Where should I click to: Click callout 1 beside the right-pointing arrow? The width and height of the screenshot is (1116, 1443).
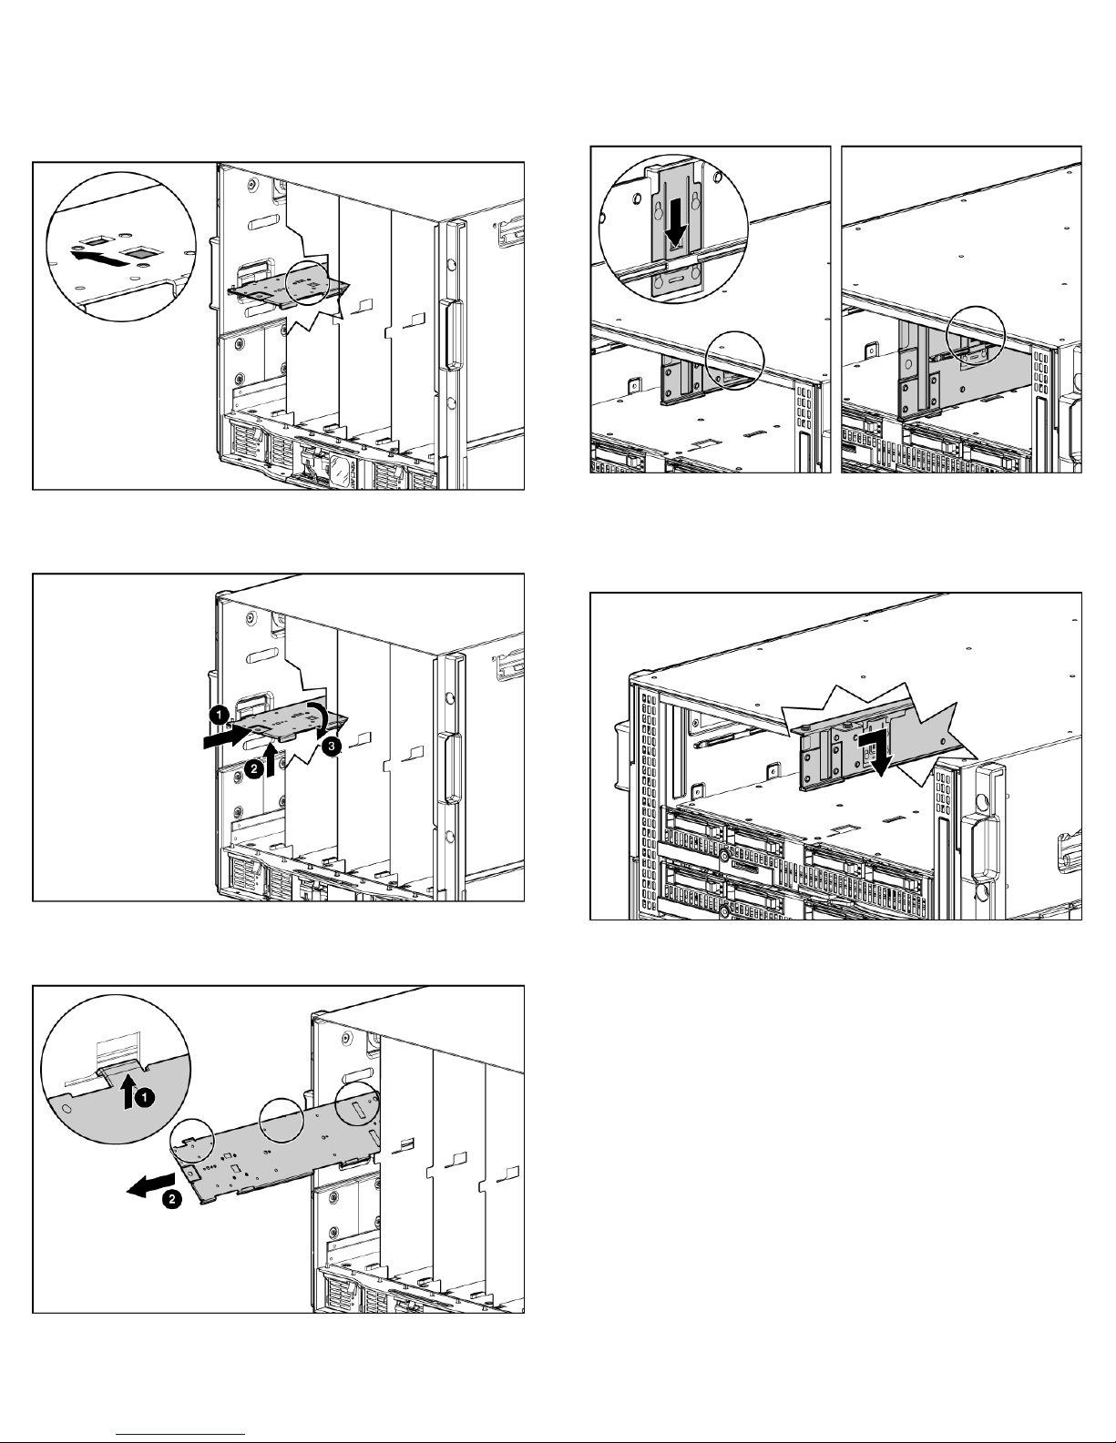point(220,715)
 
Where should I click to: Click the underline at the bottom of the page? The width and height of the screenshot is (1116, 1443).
point(182,1432)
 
